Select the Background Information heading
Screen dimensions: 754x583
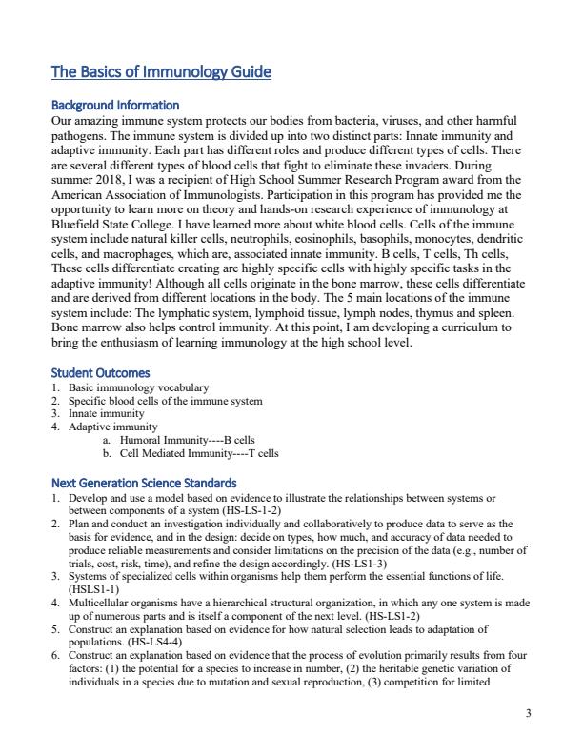(115, 105)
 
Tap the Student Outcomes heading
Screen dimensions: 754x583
(100, 372)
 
